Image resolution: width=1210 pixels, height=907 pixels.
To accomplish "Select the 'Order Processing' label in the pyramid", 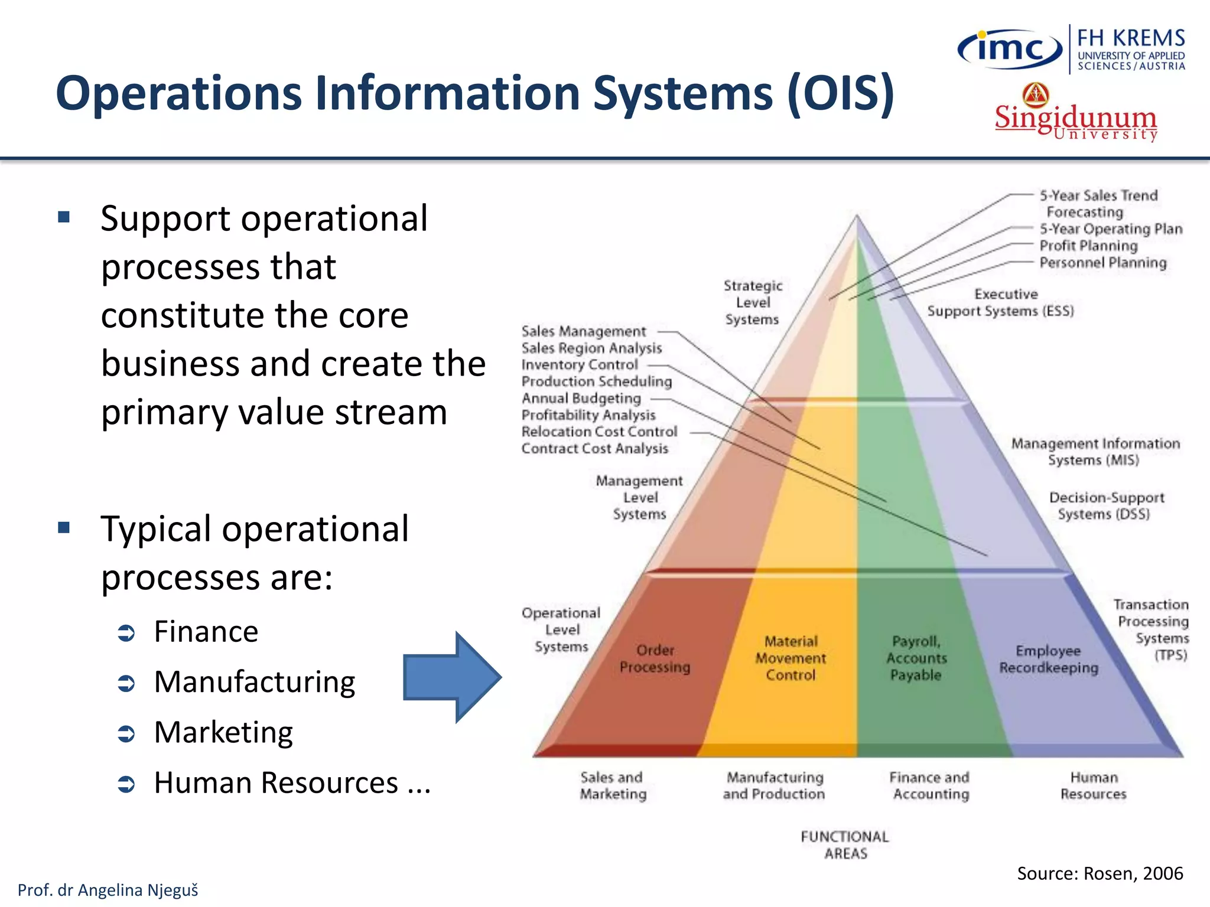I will click(655, 658).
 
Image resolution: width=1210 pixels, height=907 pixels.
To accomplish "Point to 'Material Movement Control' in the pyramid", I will click(791, 658).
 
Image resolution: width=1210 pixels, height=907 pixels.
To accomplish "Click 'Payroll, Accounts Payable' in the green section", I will click(916, 658).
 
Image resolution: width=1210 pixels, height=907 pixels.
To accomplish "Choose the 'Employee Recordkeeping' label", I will click(1049, 659).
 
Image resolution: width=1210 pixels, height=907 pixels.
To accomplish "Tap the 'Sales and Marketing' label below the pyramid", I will click(613, 785).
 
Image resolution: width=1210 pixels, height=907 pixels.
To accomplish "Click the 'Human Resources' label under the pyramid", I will click(1094, 785).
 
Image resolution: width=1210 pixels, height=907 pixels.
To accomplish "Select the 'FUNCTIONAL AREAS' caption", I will click(845, 845).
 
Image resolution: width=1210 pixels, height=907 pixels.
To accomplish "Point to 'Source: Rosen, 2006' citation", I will click(1100, 873).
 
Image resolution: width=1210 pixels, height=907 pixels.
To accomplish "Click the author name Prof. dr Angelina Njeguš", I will click(108, 890).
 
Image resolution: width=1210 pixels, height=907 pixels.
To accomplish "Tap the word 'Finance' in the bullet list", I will click(206, 631).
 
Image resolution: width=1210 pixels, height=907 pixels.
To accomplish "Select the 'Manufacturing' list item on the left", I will click(255, 682).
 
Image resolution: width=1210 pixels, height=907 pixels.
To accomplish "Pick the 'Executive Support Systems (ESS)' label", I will click(1001, 302).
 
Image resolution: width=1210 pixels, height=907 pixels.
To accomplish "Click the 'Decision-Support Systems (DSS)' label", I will click(1106, 505).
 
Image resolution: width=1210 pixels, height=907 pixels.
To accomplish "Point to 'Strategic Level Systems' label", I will click(753, 302).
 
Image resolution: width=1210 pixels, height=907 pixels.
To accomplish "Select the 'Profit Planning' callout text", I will click(1088, 246).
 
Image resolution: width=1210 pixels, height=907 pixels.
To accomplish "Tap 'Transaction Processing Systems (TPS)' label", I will click(1152, 629).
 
